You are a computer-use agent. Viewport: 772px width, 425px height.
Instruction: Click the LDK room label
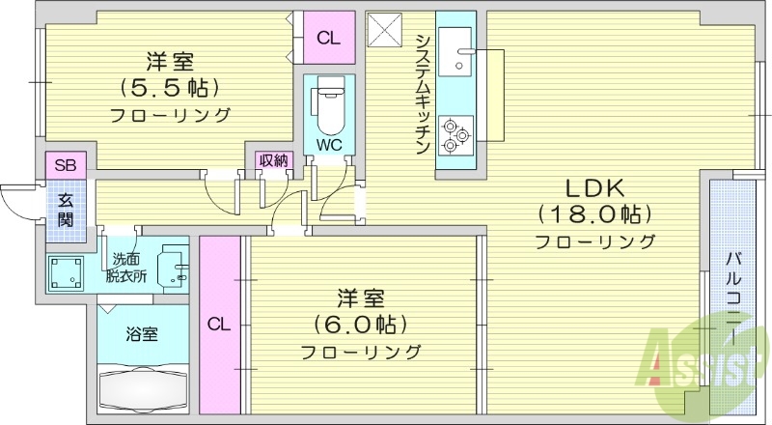594,187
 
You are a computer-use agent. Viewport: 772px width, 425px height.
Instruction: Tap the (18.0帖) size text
594,212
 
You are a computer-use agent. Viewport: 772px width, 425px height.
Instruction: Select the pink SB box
66,165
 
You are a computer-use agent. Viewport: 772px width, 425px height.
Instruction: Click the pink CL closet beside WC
328,39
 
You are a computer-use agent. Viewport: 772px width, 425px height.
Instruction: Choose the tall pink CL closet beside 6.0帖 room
219,325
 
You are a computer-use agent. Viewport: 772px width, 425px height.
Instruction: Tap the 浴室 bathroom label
142,334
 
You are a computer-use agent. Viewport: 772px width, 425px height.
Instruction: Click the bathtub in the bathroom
143,390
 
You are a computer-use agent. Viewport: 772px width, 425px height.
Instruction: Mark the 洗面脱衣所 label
125,267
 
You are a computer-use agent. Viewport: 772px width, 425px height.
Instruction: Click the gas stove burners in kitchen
455,135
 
